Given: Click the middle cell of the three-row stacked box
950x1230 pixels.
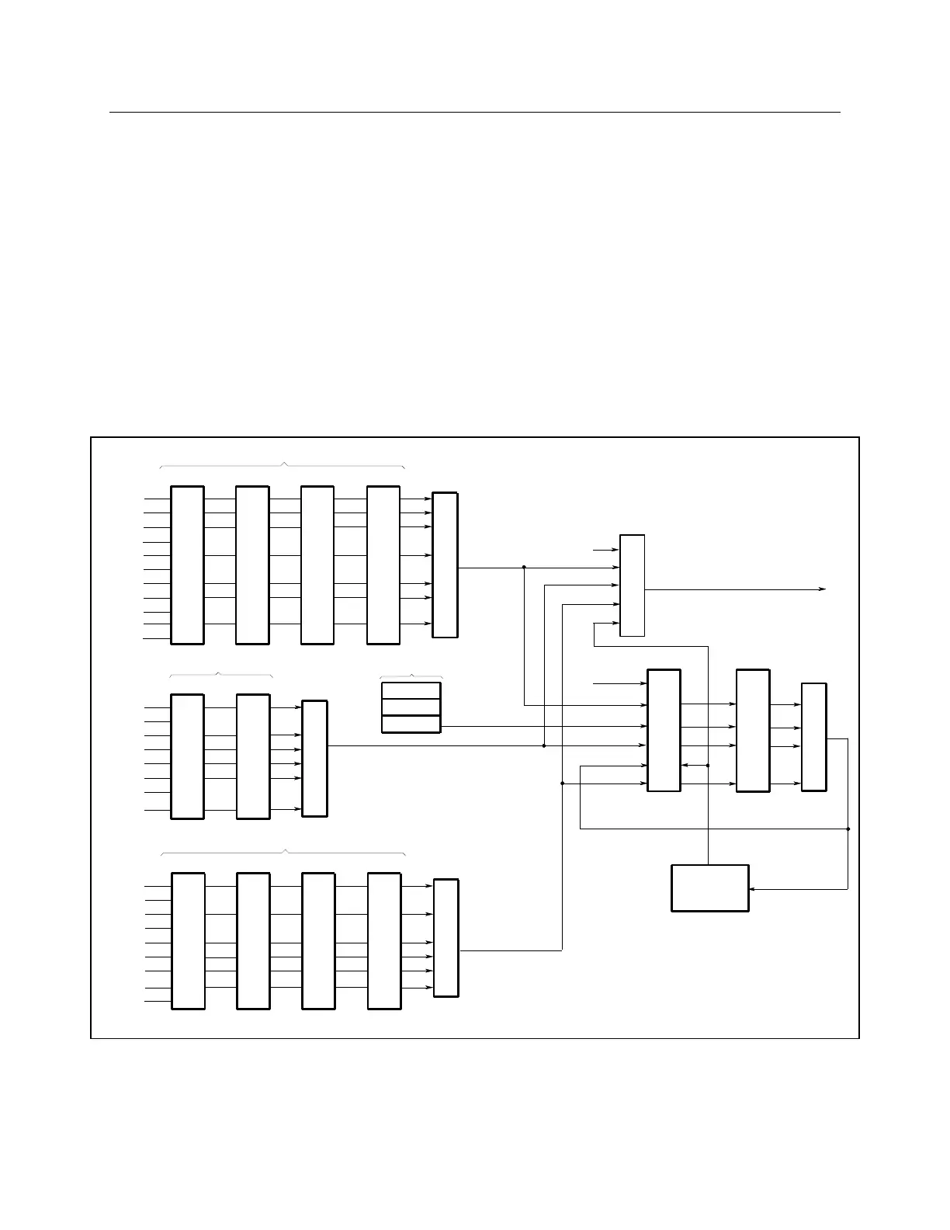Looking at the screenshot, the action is [x=411, y=707].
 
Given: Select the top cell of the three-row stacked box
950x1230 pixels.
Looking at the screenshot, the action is [x=411, y=690].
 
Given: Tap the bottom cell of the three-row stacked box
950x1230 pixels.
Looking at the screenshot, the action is [x=411, y=724].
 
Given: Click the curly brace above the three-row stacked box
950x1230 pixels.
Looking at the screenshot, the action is [x=411, y=676].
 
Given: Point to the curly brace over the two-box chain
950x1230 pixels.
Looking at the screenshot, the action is [x=220, y=674].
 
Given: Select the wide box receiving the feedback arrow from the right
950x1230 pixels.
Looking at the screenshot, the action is [x=709, y=888].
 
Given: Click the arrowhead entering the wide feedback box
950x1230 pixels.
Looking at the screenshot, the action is [x=753, y=889].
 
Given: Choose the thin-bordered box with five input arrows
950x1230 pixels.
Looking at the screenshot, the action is [x=632, y=585].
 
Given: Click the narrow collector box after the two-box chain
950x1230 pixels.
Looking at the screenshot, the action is [x=314, y=758].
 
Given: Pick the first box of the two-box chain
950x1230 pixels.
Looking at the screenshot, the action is [x=187, y=756].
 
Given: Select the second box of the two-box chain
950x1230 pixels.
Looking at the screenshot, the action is [x=253, y=756].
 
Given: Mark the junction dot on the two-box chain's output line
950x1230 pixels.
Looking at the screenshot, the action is [x=544, y=745].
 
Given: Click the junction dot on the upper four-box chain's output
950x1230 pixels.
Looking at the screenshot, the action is [x=525, y=568].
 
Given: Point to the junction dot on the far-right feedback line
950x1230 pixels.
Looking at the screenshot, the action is [x=848, y=829].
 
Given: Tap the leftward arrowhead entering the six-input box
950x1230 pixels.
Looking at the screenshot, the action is [x=684, y=765].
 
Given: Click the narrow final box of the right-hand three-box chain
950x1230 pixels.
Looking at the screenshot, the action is [x=813, y=737].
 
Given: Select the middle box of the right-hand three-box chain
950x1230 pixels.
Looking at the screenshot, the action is [x=753, y=730].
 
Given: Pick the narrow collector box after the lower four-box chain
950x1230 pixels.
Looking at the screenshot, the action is [x=446, y=937].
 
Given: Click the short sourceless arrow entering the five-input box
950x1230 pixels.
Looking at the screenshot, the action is [x=605, y=550].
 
